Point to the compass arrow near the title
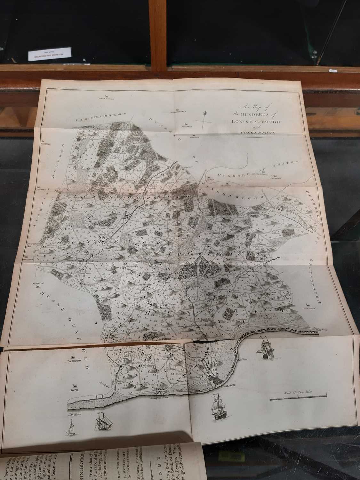[205, 119]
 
